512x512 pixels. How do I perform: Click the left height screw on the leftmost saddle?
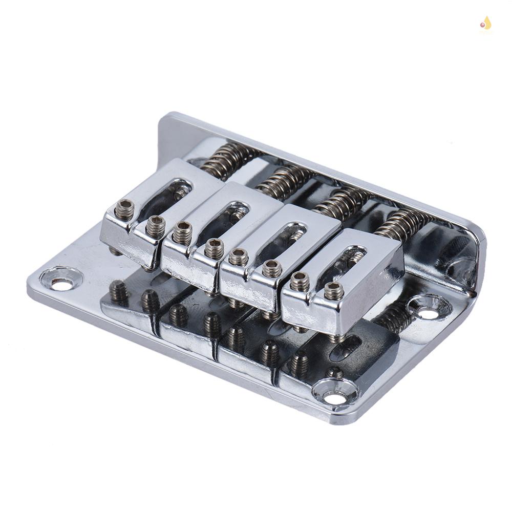point(124,209)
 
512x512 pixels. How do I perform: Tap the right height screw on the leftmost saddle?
point(155,226)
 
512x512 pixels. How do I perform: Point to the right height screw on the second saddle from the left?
point(214,249)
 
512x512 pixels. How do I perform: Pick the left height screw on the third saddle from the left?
point(239,257)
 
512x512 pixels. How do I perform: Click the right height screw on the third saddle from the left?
point(271,268)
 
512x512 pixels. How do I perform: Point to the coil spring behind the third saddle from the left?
point(340,201)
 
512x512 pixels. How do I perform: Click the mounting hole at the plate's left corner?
point(62,284)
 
